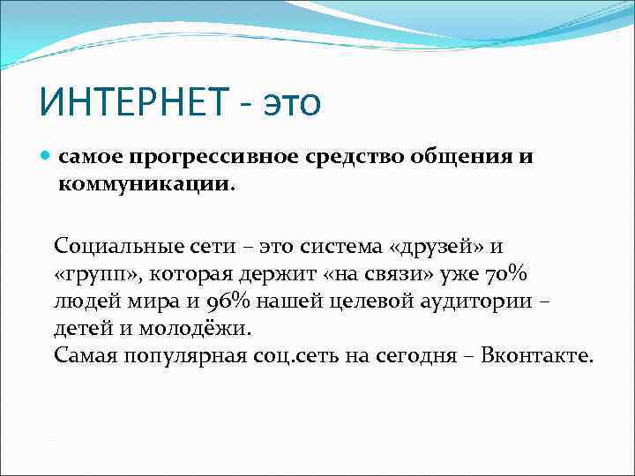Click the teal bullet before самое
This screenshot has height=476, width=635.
click(x=47, y=157)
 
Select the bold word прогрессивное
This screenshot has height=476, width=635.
click(x=211, y=158)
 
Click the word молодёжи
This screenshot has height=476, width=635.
click(x=202, y=328)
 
